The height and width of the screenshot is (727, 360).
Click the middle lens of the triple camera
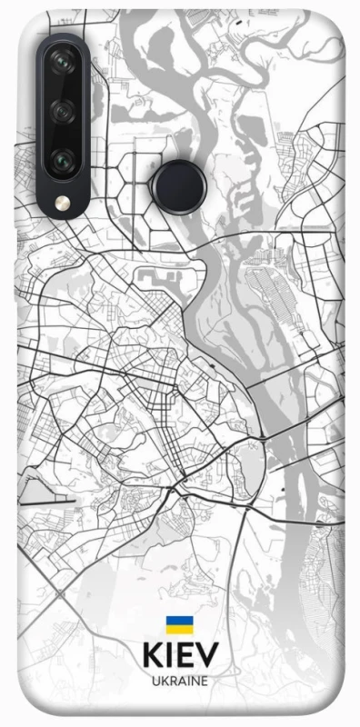point(63,112)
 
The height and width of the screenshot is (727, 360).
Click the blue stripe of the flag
point(179,621)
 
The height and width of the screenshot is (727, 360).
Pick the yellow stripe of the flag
point(179,629)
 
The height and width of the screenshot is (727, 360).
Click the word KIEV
point(180,656)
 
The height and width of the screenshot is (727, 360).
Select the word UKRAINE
point(180,681)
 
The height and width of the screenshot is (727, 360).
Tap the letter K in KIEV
point(151,656)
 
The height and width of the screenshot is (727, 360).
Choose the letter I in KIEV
point(168,656)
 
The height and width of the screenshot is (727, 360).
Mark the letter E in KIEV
point(185,656)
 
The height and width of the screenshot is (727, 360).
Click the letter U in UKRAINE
point(155,681)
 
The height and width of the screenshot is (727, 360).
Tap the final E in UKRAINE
point(205,681)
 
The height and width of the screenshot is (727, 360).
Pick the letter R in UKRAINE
point(172,681)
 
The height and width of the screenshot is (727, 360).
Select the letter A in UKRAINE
point(180,681)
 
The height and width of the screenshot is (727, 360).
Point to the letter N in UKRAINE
point(195,681)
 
